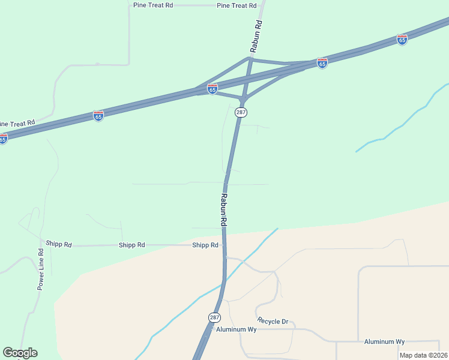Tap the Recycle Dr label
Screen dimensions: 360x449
(273, 322)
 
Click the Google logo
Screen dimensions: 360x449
(20, 353)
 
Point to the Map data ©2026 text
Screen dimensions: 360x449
(423, 355)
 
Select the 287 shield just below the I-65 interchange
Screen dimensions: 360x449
(241, 112)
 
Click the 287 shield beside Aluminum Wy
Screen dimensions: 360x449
(214, 317)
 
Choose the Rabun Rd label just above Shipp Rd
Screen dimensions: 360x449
(223, 209)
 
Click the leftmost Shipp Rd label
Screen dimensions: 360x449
(59, 244)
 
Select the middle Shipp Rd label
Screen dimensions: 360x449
(131, 245)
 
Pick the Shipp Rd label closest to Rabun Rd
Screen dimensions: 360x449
(205, 245)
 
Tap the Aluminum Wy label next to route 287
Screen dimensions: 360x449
(237, 329)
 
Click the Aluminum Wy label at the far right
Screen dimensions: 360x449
(384, 341)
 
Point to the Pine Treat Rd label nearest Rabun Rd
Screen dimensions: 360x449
(237, 5)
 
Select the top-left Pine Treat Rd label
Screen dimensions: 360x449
(153, 5)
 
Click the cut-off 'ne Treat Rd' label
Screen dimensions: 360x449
(17, 123)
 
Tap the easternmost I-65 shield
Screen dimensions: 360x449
(402, 40)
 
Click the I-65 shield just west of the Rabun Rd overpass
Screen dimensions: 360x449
(212, 89)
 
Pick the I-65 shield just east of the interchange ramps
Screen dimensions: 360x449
(322, 63)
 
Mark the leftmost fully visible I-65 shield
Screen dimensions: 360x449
(98, 115)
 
